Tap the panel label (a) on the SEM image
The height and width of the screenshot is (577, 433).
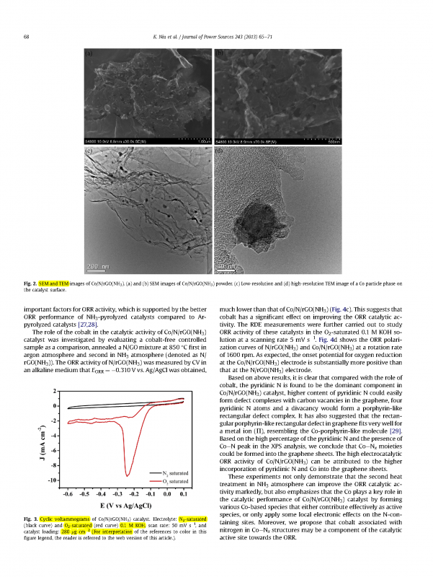[x=89, y=54]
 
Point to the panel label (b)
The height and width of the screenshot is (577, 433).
[x=220, y=54]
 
